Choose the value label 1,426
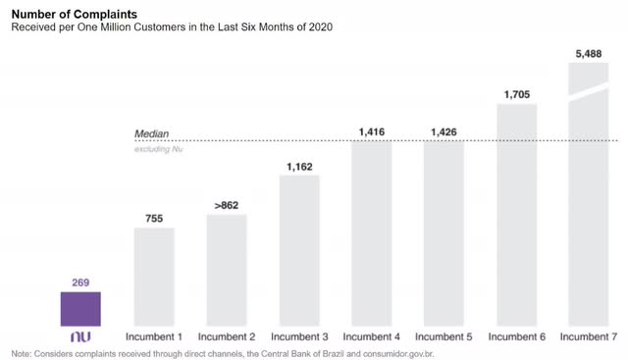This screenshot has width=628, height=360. pos(444,131)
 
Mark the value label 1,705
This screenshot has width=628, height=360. pos(516,95)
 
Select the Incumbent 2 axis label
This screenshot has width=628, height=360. pos(227,337)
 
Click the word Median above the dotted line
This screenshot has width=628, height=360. pos(152,134)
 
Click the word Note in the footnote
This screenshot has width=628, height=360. pos(21,353)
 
